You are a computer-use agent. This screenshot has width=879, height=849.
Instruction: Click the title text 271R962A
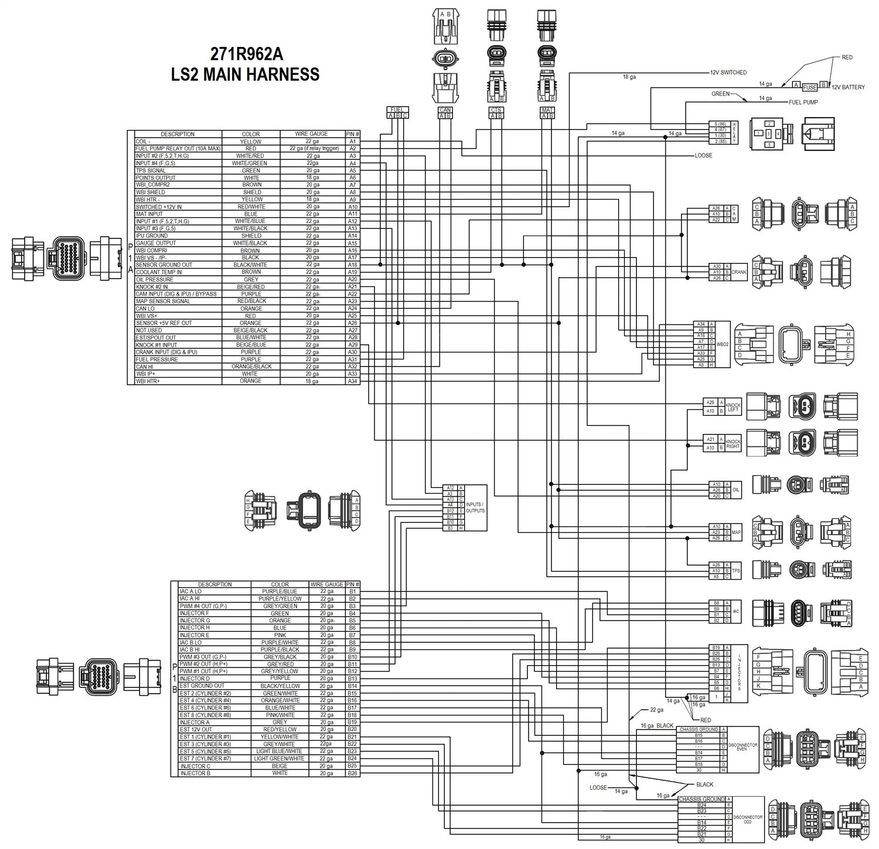tap(247, 54)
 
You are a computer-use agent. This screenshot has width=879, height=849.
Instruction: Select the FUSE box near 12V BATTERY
tap(809, 87)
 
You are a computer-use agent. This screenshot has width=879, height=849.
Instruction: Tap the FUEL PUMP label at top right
tap(803, 102)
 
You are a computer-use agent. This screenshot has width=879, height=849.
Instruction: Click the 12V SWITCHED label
tap(728, 73)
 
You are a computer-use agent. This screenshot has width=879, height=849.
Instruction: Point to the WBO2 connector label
tap(724, 344)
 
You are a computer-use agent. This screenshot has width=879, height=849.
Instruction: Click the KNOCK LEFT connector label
tap(733, 407)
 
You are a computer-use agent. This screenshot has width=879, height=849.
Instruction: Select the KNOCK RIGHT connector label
tap(733, 444)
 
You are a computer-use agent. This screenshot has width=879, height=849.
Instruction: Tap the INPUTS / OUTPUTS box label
tap(475, 508)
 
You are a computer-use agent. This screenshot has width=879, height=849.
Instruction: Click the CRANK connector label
tap(739, 272)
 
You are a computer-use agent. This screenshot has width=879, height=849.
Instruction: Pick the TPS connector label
tap(735, 571)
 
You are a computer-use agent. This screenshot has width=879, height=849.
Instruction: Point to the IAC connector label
tap(735, 611)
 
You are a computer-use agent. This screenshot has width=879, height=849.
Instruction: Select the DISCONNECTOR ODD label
tap(747, 819)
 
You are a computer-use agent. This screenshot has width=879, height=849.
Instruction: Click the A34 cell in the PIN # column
tap(352, 381)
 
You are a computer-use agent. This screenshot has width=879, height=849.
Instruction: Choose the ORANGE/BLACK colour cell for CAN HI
tap(251, 367)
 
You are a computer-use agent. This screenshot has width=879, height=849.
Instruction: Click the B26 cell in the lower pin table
tap(352, 773)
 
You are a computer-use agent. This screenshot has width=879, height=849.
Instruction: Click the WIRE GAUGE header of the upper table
tap(312, 134)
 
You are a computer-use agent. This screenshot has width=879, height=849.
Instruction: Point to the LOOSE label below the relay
tap(703, 156)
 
